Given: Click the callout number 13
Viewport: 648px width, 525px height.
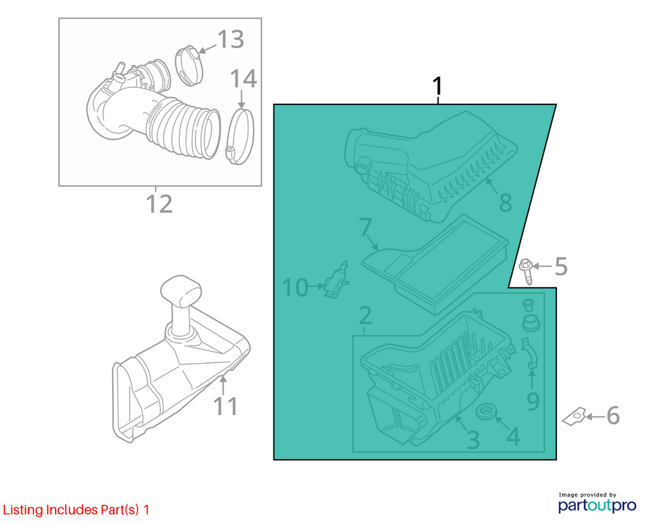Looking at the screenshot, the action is tap(230, 40).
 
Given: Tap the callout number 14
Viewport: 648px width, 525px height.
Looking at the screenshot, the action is tap(243, 78).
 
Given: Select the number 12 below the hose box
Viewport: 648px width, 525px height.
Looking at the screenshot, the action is tap(159, 204).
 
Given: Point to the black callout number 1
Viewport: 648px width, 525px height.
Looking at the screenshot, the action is tap(437, 86).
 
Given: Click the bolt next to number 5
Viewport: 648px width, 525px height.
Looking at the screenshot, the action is tap(526, 270).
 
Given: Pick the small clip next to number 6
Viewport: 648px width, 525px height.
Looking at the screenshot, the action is tap(574, 417).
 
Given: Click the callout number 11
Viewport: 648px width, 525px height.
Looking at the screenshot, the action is tap(226, 406).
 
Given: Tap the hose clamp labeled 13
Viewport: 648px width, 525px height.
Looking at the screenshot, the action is tap(190, 66).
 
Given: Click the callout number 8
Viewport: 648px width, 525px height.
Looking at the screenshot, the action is tap(506, 203).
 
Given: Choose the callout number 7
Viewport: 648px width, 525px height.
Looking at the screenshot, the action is tap(365, 228).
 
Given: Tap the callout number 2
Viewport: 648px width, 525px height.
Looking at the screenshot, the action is tap(365, 316).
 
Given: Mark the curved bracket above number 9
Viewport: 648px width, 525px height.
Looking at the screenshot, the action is tap(529, 352).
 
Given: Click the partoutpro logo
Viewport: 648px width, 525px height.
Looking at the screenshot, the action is tap(597, 505).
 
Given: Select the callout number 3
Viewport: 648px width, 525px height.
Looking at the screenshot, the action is tap(473, 440).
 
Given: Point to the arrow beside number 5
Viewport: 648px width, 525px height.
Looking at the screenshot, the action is tap(542, 266).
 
